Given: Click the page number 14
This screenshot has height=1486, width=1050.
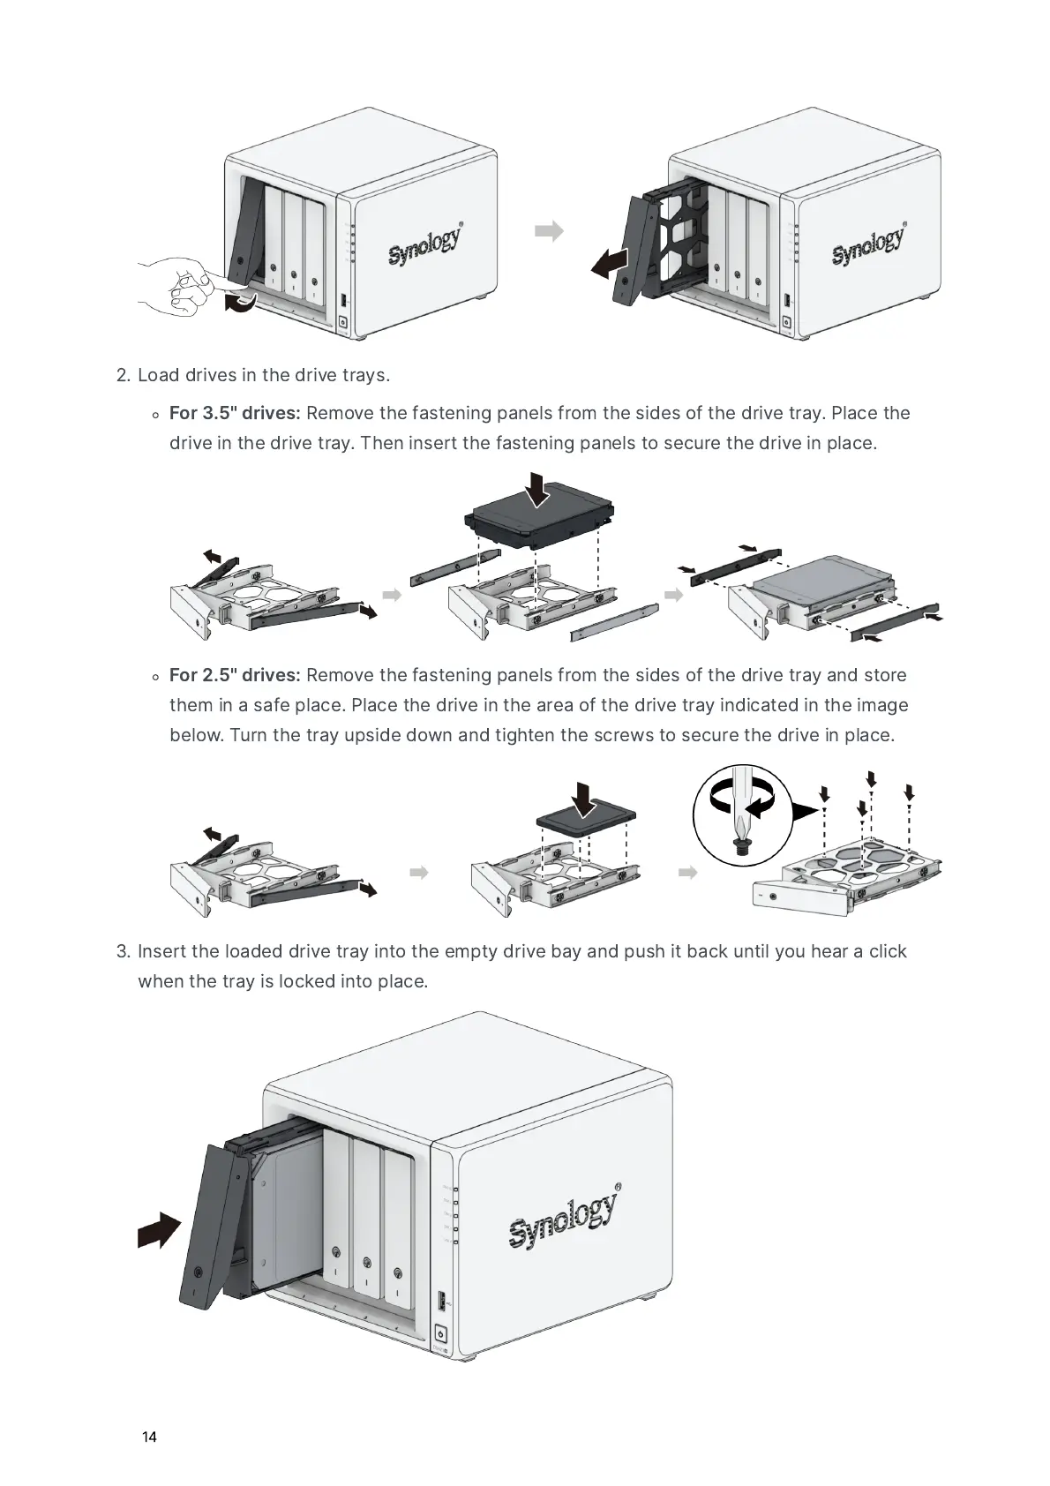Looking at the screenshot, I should (149, 1437).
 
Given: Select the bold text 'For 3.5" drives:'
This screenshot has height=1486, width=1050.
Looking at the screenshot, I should (235, 413).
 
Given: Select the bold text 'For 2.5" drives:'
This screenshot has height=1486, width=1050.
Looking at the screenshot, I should (235, 675).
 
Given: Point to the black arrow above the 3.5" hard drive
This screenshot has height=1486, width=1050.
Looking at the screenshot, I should (536, 488).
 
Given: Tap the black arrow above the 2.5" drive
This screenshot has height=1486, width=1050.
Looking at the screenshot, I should (584, 799).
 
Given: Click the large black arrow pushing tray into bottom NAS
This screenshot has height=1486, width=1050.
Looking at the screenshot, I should (160, 1229).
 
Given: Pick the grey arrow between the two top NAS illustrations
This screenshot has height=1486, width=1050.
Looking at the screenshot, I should (549, 231).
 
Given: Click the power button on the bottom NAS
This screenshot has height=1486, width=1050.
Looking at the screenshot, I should (441, 1334).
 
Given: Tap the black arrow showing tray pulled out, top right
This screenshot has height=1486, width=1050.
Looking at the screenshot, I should (610, 263).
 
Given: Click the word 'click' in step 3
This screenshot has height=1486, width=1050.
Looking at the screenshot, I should (888, 951).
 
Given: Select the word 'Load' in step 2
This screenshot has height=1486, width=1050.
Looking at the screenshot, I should (158, 375).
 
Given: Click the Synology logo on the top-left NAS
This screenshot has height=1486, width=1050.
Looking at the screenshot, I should (425, 244).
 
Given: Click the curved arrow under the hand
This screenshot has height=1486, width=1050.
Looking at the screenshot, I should (241, 304).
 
